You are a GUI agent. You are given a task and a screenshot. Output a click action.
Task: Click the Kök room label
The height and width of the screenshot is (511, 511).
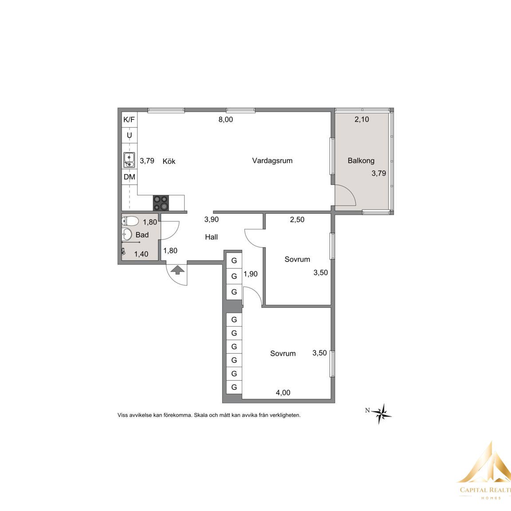click(x=169, y=161)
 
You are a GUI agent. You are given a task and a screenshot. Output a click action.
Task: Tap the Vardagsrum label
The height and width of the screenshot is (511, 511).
click(x=272, y=161)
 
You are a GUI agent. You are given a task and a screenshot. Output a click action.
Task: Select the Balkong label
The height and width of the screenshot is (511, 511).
click(x=361, y=161)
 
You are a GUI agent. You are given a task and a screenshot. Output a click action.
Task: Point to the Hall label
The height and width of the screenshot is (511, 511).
click(x=211, y=237)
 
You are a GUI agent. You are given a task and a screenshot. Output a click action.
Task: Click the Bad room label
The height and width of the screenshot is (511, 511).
click(x=142, y=235)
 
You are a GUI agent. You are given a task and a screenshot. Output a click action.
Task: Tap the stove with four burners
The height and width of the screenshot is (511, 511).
click(x=161, y=203)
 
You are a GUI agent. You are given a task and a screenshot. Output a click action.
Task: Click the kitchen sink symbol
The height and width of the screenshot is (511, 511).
click(x=130, y=160)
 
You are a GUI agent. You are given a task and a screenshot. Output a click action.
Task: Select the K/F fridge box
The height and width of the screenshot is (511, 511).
click(x=130, y=120)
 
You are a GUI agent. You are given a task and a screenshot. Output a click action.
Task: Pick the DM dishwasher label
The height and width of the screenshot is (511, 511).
click(x=130, y=177)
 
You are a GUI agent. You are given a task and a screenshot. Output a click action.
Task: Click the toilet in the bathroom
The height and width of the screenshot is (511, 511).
click(x=130, y=221)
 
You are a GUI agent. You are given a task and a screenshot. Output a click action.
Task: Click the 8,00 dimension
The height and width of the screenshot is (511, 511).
click(x=225, y=120)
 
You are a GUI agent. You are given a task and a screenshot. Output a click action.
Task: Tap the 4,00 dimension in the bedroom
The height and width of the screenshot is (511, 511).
click(x=283, y=393)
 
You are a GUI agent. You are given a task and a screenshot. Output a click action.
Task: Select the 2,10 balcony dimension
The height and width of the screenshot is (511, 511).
click(x=362, y=120)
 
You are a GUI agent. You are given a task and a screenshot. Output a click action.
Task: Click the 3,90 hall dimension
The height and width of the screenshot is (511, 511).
click(x=212, y=220)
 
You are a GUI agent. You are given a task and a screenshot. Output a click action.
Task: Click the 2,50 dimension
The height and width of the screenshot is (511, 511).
click(x=297, y=220)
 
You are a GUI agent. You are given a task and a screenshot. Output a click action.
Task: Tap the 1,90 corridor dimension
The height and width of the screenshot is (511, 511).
click(x=250, y=274)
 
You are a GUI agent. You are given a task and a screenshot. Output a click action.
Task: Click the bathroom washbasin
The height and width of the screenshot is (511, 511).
click(x=126, y=234)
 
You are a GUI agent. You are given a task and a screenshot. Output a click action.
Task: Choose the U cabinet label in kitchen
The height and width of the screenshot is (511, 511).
click(x=130, y=135)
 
